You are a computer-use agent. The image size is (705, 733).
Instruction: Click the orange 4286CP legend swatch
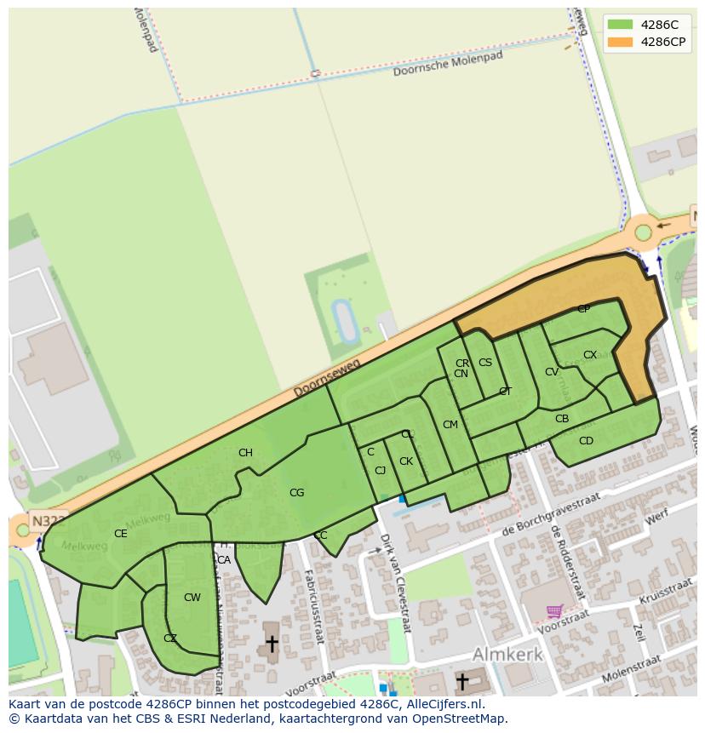tap(621, 42)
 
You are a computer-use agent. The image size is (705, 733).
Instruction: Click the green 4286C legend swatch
tap(621, 25)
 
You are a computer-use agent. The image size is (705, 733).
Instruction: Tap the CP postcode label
tap(583, 309)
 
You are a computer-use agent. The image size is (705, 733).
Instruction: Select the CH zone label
tap(245, 453)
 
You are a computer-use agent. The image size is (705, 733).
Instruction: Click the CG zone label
tap(296, 493)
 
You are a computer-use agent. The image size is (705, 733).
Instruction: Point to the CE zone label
tap(120, 534)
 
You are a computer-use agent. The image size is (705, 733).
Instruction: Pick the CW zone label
tap(192, 598)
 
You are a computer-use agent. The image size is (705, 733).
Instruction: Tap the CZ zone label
tap(170, 639)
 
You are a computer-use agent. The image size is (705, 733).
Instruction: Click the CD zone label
tap(586, 441)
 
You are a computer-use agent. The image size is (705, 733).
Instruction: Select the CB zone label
tap(562, 419)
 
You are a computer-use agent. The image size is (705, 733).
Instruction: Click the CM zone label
tap(450, 425)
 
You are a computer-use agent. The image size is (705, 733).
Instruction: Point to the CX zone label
tap(590, 355)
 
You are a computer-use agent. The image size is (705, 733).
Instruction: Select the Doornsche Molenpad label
tap(448, 65)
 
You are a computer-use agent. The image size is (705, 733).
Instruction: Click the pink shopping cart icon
tap(554, 611)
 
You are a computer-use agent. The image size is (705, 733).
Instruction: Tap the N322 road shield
tap(46, 520)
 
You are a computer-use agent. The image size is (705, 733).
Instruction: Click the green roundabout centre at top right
tap(643, 232)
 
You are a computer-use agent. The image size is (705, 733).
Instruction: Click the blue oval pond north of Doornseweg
tap(345, 321)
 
